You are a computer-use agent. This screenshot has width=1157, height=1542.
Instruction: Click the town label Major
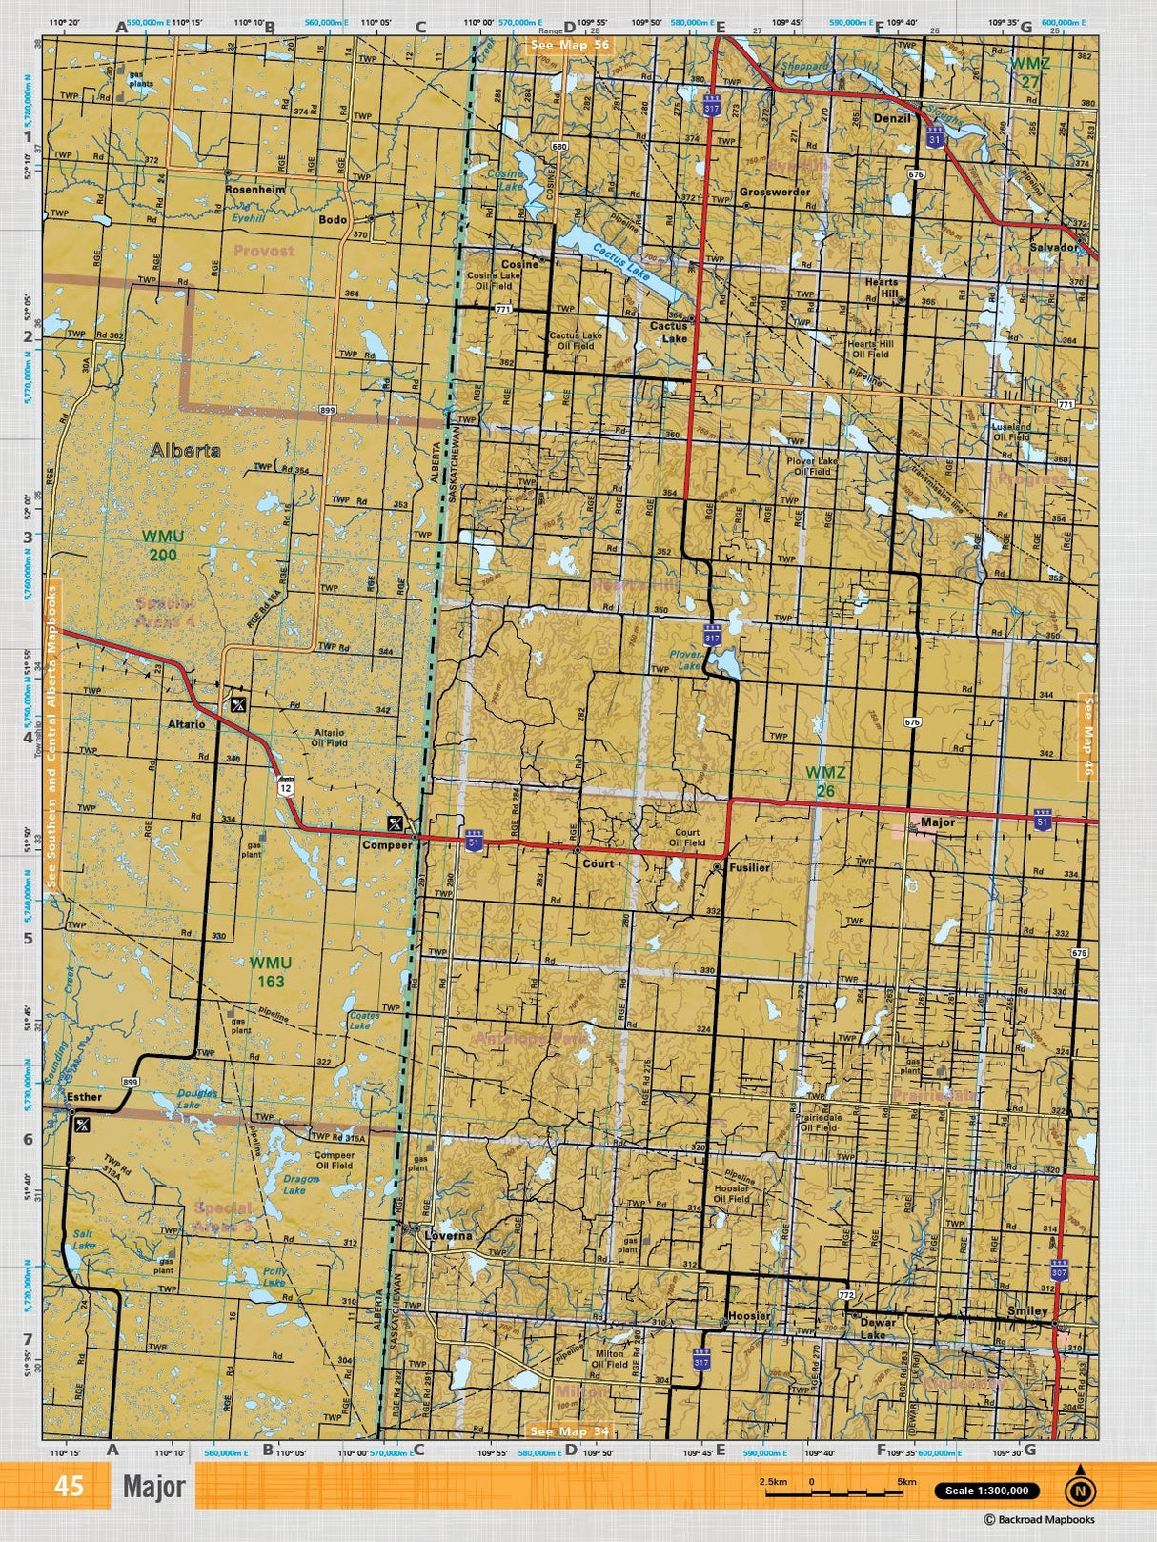click(938, 822)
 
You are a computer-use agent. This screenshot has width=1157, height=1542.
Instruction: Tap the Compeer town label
click(387, 844)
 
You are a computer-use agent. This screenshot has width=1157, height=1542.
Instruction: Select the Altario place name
click(187, 724)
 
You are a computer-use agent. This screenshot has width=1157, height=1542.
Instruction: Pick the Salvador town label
click(1053, 247)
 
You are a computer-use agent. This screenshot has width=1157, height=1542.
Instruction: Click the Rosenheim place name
click(254, 190)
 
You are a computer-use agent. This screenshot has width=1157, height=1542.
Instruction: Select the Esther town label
click(84, 1097)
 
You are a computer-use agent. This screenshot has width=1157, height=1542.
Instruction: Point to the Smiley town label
click(1028, 1311)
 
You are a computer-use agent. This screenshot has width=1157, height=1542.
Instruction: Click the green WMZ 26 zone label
click(825, 780)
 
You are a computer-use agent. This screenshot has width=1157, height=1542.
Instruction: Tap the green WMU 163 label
click(271, 971)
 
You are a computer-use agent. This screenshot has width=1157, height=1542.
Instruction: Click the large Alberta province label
click(185, 451)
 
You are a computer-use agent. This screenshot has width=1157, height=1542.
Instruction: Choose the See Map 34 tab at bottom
click(569, 1430)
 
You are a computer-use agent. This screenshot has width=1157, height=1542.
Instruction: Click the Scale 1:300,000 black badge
click(986, 1491)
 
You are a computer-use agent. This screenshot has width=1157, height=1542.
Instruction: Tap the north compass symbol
click(1080, 1487)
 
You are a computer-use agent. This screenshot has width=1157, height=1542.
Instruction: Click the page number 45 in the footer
click(69, 1487)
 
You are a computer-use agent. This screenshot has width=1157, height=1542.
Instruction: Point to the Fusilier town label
click(749, 868)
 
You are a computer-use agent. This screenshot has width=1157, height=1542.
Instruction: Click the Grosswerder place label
click(775, 192)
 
